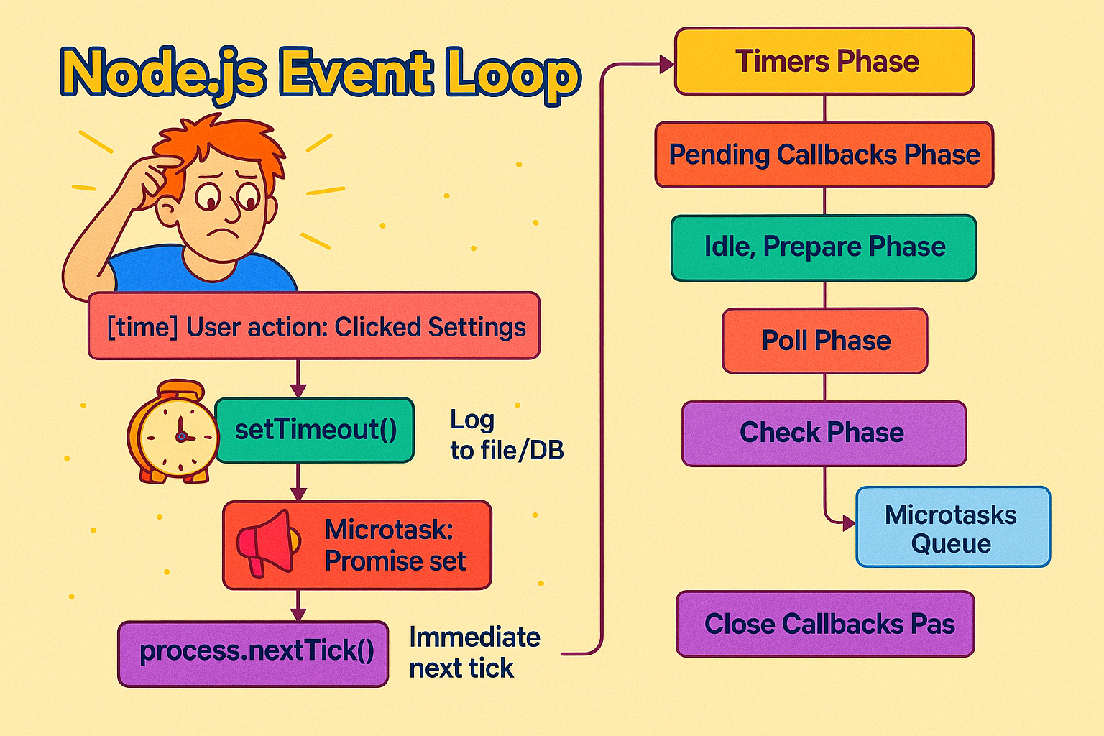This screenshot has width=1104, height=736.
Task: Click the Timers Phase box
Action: [824, 61]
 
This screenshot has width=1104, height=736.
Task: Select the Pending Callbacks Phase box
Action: [824, 155]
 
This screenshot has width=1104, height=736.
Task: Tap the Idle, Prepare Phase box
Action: [824, 247]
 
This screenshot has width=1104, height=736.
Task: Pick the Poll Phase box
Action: [824, 341]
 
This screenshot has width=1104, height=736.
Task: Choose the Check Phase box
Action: [824, 433]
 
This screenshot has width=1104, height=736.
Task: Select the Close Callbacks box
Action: [825, 624]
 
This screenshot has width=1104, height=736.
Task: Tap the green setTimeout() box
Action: [315, 430]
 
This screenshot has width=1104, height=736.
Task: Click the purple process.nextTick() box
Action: [253, 653]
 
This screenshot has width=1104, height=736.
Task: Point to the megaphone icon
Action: [267, 543]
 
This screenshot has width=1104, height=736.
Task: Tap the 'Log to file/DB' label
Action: [506, 435]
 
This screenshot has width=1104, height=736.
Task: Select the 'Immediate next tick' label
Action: [474, 653]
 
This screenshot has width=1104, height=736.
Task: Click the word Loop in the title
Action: [511, 74]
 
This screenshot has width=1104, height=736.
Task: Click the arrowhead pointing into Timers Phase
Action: [666, 65]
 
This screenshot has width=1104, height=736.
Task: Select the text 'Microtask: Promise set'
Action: [394, 545]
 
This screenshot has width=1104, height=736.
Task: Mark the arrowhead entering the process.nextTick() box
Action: [298, 614]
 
